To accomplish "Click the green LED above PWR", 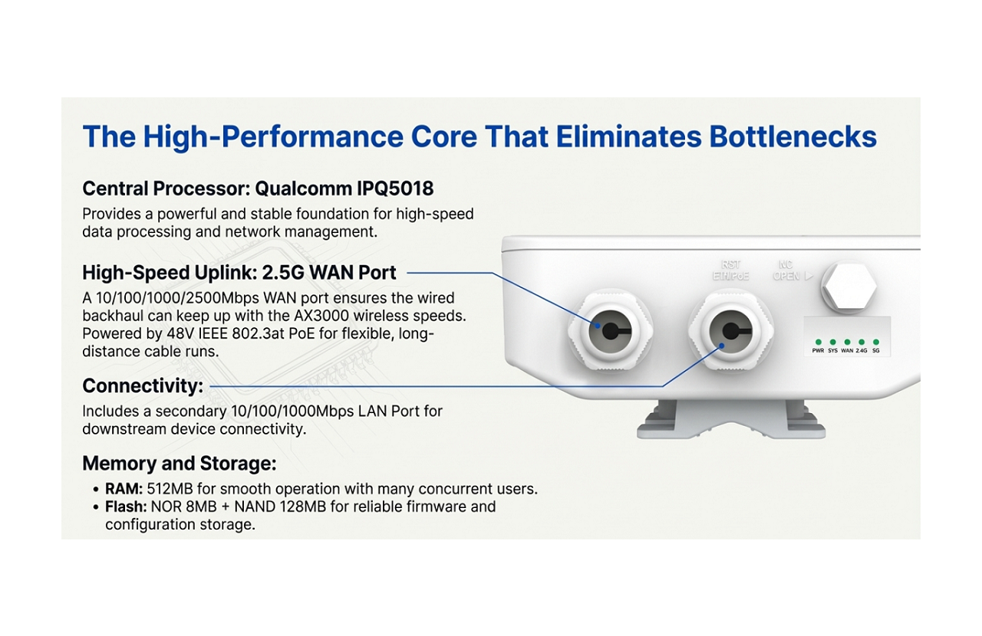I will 819,342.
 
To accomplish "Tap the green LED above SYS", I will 833,342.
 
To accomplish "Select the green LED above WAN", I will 847,342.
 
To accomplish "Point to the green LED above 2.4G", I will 862,342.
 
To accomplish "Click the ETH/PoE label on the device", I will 730,276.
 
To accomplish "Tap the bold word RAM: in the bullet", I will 124,489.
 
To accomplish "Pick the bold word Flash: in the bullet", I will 126,507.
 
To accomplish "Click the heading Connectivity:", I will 143,385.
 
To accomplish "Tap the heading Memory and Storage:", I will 179,464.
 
